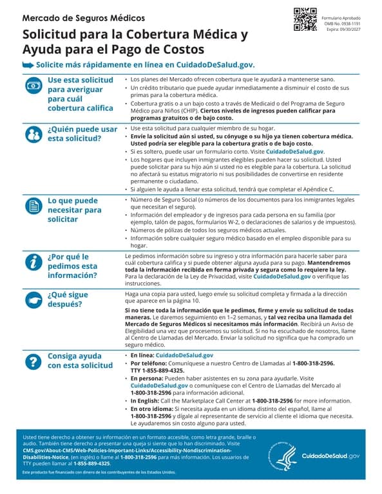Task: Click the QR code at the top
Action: [305, 19]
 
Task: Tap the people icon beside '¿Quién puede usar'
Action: [32, 133]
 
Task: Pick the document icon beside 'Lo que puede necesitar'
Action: [32, 205]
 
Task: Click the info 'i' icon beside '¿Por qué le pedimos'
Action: [32, 261]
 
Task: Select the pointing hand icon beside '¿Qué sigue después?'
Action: [32, 300]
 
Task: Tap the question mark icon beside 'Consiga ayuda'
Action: [32, 361]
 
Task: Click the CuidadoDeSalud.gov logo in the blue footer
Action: [331, 456]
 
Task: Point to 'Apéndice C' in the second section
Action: [317, 190]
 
